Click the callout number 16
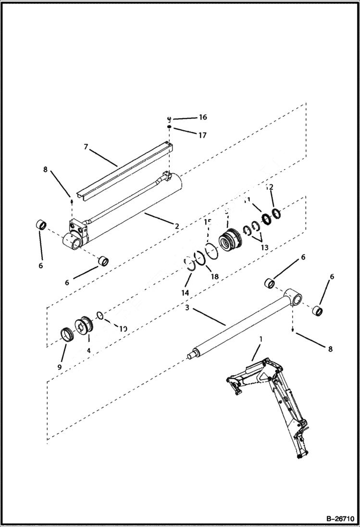pyautogui.click(x=202, y=118)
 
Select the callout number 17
pyautogui.click(x=202, y=135)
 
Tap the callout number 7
pyautogui.click(x=86, y=147)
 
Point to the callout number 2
pyautogui.click(x=177, y=226)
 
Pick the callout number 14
pyautogui.click(x=185, y=292)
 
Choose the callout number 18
pyautogui.click(x=214, y=277)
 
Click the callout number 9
pyautogui.click(x=60, y=367)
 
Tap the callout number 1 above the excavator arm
pyautogui.click(x=261, y=339)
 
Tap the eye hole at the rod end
pyautogui.click(x=295, y=300)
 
